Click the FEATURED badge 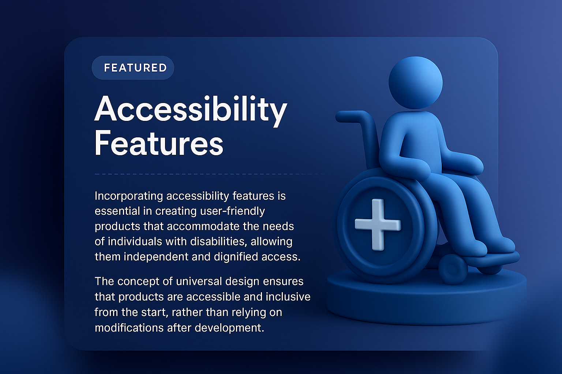point(133,68)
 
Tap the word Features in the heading point(159,143)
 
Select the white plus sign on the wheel point(378,224)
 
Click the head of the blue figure point(415,83)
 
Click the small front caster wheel point(453,268)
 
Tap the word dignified point(236,257)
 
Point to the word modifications point(129,328)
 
